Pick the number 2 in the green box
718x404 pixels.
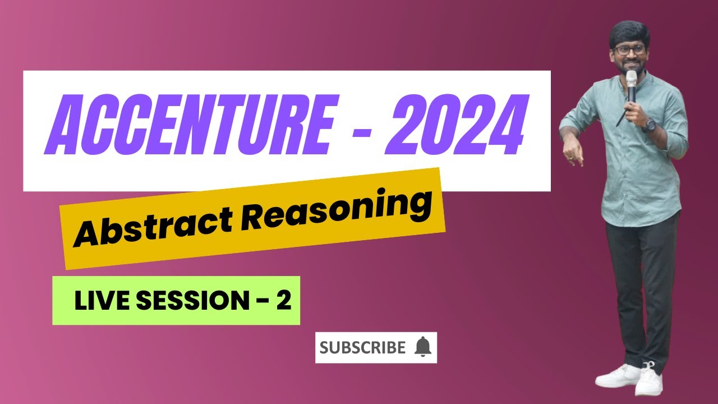(284, 301)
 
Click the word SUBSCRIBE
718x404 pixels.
(362, 348)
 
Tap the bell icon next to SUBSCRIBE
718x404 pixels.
(422, 347)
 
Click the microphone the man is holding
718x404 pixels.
(631, 90)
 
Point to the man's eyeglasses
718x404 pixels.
(629, 49)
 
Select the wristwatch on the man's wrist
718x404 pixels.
(649, 125)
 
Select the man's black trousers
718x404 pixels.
(645, 292)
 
